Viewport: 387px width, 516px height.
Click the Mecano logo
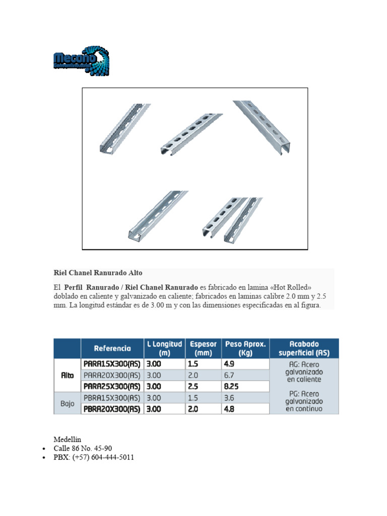(x=81, y=61)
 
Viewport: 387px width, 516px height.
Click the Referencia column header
(x=112, y=348)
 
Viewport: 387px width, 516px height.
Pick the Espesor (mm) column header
(x=203, y=348)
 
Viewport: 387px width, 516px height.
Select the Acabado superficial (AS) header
(x=304, y=348)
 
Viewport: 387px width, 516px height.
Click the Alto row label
(x=67, y=375)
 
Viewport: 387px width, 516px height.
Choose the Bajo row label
(x=67, y=404)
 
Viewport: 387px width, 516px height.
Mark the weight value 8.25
(x=232, y=386)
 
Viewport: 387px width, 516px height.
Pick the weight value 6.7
(x=228, y=375)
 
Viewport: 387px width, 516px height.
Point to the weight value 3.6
(x=228, y=398)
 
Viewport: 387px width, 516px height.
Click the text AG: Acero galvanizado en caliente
(x=303, y=371)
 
